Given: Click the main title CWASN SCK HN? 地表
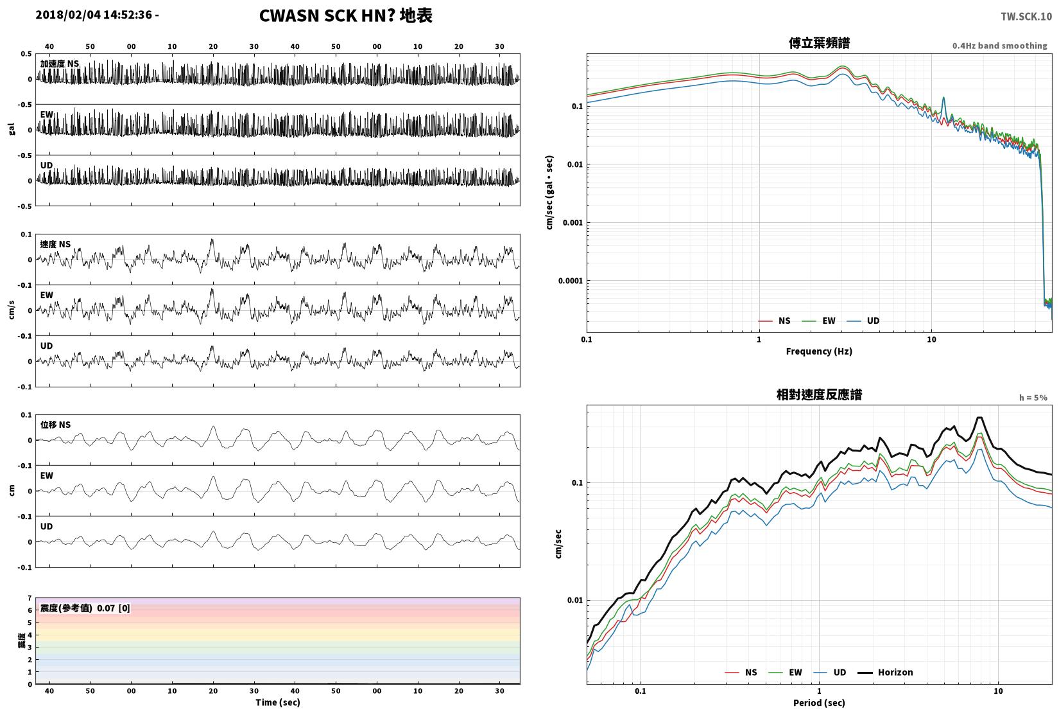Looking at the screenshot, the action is tap(345, 15).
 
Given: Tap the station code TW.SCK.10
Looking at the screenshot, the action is tap(1026, 17).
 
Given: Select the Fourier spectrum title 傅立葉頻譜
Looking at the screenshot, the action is tap(819, 43).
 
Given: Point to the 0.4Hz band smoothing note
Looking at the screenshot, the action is tap(999, 46).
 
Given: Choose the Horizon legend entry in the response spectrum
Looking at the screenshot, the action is tap(886, 673).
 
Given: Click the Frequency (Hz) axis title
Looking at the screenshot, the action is tap(819, 351).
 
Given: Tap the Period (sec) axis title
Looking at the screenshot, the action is tap(819, 703).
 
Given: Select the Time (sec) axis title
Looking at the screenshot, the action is tap(278, 702).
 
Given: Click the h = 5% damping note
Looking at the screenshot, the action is tap(1033, 398).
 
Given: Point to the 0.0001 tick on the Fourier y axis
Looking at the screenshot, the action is tap(570, 281).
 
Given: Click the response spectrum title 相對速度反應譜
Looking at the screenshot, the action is tap(819, 394).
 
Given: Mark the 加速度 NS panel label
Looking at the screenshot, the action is tap(60, 64).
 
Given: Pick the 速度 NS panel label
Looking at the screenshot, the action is tap(55, 244).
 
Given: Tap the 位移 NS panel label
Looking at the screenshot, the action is tap(55, 425).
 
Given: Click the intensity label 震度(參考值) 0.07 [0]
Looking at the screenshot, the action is tap(85, 608).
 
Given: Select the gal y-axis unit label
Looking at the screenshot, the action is tap(12, 129).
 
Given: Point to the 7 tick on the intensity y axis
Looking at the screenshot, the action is tap(30, 598).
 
